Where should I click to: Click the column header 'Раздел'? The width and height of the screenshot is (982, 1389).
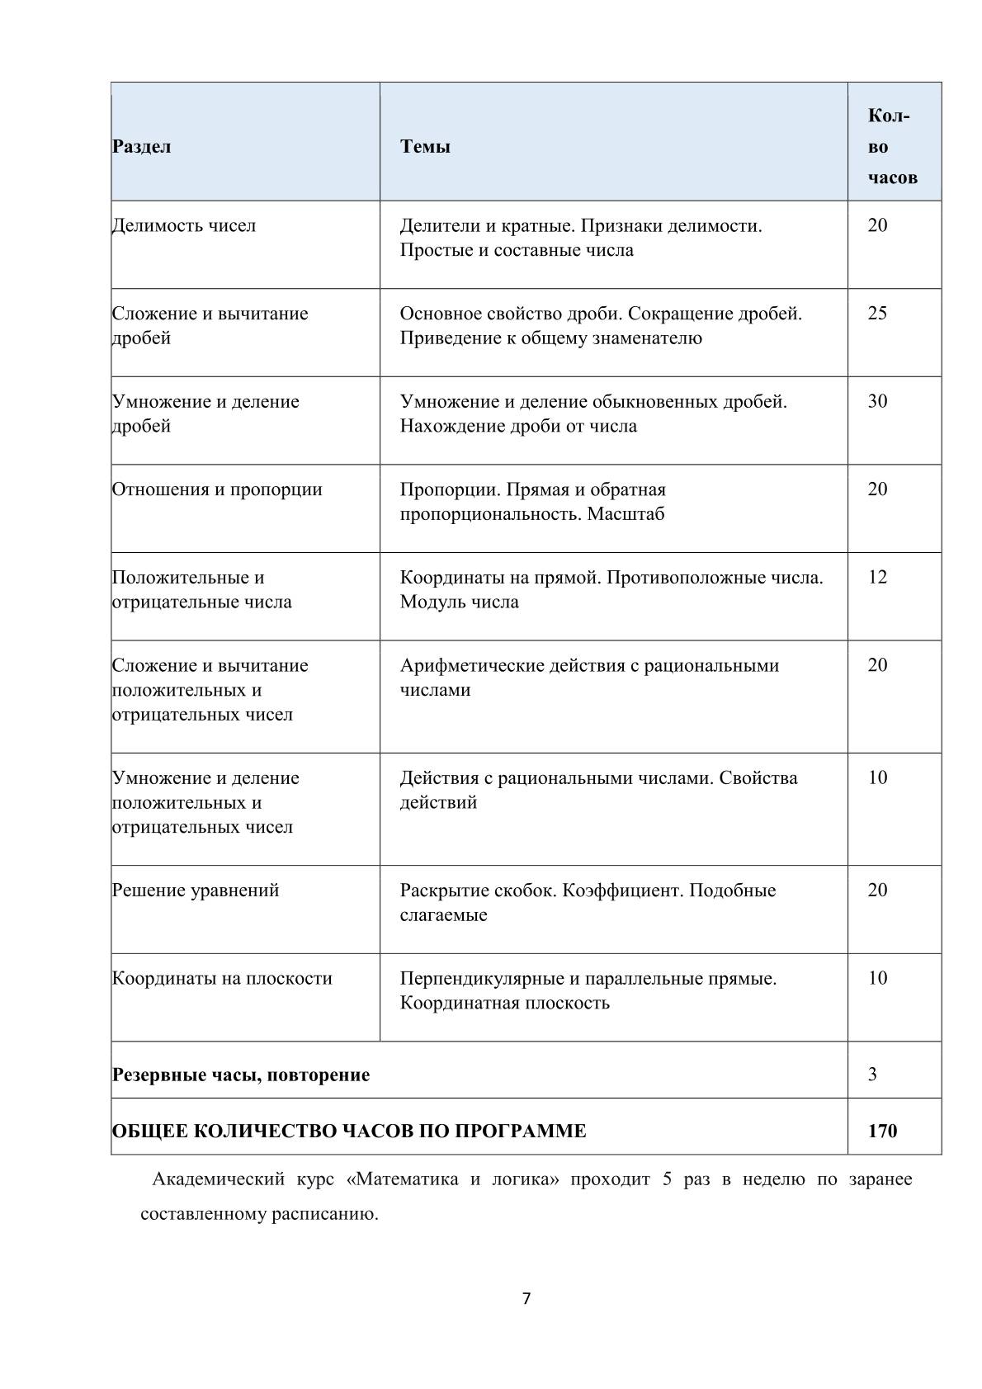[x=142, y=147]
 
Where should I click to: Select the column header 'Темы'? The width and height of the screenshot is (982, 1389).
[x=425, y=147]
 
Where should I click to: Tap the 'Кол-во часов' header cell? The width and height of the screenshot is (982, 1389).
[x=891, y=147]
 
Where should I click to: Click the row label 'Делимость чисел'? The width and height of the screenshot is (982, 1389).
[x=184, y=225]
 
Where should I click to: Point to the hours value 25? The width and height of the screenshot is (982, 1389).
[x=877, y=314]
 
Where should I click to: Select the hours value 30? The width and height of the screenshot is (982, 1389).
[x=877, y=402]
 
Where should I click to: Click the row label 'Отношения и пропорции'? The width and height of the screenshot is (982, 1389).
[x=217, y=489]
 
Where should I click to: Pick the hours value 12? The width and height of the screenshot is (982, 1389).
[x=877, y=578]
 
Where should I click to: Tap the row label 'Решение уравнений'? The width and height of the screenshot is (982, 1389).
[x=196, y=891]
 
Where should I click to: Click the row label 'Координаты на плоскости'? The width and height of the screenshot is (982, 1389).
[x=222, y=979]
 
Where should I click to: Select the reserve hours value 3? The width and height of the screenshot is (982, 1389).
[x=872, y=1075]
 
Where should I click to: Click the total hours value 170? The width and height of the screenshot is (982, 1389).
[x=882, y=1131]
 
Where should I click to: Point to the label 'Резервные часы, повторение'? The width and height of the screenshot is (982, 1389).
[x=241, y=1075]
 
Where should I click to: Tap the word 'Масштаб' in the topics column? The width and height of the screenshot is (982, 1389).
[x=626, y=514]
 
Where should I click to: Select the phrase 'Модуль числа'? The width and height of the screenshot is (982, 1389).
[x=460, y=602]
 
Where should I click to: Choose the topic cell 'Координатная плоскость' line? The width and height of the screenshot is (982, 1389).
[x=505, y=1004]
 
